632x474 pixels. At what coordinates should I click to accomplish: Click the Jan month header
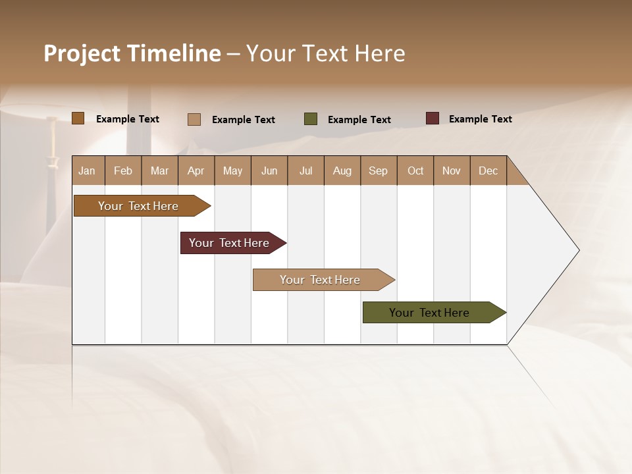point(88,171)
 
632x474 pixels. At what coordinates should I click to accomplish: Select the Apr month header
point(196,171)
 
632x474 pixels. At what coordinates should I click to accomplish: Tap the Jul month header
point(305,171)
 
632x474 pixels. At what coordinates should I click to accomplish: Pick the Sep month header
point(378,171)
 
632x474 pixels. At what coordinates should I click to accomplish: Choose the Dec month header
point(488,171)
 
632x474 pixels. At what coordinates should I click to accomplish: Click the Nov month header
point(451,171)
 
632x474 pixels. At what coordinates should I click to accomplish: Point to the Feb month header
point(123,171)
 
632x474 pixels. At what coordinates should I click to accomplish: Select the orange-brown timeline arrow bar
point(138,206)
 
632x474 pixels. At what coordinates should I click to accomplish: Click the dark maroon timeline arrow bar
point(229,243)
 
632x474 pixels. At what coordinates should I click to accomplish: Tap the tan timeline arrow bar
point(320,280)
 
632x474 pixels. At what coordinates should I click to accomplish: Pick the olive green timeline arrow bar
point(429,313)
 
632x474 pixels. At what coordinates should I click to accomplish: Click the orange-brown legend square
point(78,118)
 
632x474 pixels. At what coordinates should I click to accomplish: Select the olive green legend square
point(311,119)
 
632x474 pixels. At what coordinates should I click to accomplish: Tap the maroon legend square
point(432,118)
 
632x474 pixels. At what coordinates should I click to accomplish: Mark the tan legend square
point(194,119)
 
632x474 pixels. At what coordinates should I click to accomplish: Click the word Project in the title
point(82,53)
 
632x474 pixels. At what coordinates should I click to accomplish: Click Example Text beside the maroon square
point(480,119)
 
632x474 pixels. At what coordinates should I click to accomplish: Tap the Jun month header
point(269,171)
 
